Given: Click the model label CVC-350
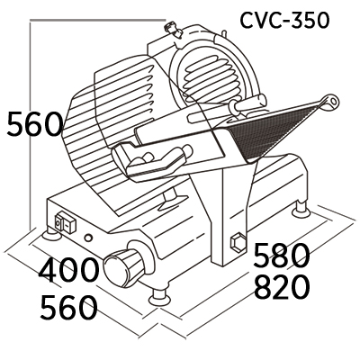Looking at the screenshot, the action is (284, 21).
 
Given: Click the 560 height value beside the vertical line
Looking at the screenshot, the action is (35, 123).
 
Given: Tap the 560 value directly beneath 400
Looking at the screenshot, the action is (68, 307).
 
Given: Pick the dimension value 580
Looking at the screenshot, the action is (281, 255).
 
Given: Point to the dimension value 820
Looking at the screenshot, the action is (281, 287).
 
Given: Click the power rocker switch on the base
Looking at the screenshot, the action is (66, 222).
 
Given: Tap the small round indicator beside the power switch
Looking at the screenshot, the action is (88, 238).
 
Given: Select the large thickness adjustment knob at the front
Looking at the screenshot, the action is (123, 266).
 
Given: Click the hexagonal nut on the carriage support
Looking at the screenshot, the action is (238, 243).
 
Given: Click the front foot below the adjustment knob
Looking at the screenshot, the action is (160, 297).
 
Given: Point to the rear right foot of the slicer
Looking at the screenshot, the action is (301, 209).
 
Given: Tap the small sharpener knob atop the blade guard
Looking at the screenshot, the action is (172, 29).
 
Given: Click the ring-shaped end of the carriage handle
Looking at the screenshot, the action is (331, 102).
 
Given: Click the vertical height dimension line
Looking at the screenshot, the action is (31, 124).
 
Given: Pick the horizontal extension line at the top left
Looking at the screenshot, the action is (98, 20).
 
